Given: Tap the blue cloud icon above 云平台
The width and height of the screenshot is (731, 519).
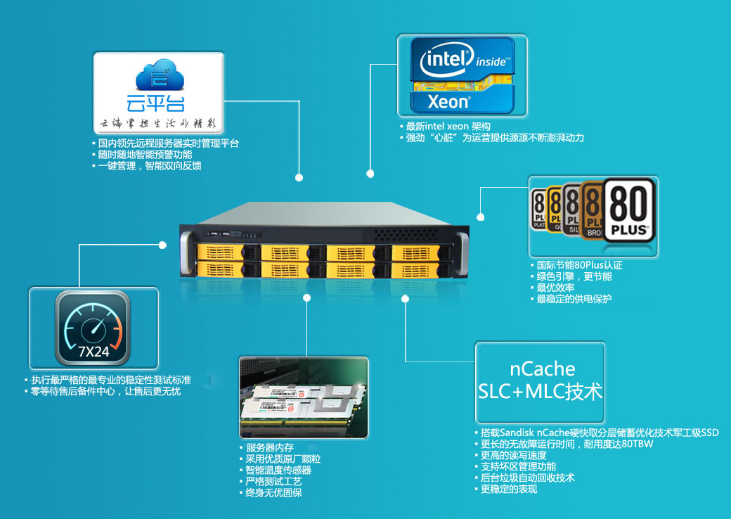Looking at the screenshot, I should (x=160, y=76).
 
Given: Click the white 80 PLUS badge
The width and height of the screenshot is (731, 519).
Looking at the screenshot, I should (x=628, y=210).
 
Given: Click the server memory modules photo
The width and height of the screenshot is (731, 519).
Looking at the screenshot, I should (x=303, y=398).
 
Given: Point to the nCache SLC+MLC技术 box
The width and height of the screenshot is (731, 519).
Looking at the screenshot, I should (x=540, y=380).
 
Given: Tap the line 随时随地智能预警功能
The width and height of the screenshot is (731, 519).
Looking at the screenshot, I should (x=145, y=155).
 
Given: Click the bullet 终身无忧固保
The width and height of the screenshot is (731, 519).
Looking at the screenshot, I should (x=273, y=493).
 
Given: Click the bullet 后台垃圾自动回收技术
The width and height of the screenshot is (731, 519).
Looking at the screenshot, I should (x=527, y=478).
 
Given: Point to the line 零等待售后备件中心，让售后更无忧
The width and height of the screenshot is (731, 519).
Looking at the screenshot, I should (x=105, y=391).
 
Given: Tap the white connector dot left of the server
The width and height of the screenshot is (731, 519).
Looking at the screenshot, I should (x=163, y=245).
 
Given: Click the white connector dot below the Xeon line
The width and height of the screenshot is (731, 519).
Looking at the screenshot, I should (x=370, y=172).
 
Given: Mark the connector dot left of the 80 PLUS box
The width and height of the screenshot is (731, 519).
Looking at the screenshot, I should (x=481, y=217).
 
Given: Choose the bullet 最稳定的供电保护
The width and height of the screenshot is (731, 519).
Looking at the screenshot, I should (x=574, y=299).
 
